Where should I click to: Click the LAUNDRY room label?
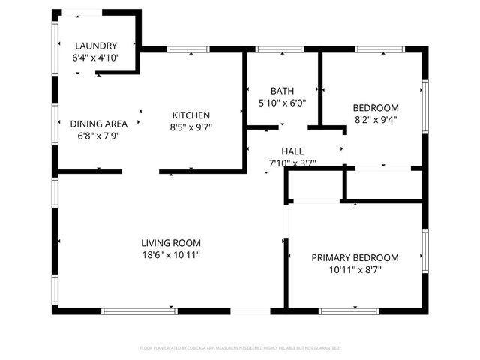coord(95,45)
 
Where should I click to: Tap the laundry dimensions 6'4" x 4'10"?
coord(95,57)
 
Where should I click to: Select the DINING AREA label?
coord(98,124)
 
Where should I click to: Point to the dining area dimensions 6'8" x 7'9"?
coord(98,136)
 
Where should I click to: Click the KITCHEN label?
coord(191,115)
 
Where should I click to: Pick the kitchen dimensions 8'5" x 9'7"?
coord(191,127)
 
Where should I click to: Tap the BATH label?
coord(283,90)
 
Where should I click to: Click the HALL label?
coord(292,151)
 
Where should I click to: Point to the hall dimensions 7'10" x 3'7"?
coord(292,163)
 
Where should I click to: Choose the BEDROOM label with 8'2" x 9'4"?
coord(376,107)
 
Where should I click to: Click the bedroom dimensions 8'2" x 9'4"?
coord(376,118)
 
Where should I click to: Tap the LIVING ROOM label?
coord(171,242)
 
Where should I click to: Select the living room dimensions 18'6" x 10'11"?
coord(171,254)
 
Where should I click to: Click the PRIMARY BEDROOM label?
coord(355,257)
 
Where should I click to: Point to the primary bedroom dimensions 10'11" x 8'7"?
coord(355,269)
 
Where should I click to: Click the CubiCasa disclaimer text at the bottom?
coord(240,348)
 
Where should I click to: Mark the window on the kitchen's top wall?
coord(188,50)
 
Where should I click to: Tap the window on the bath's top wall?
coord(279,50)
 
